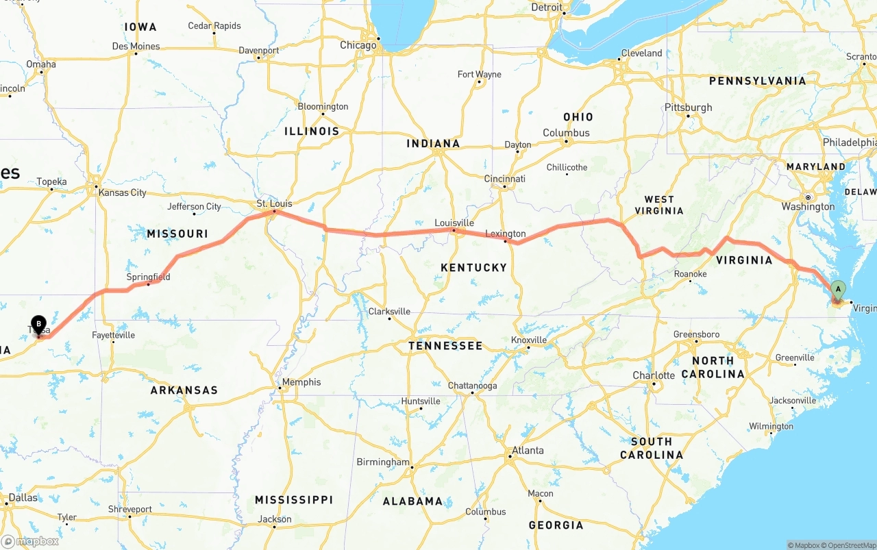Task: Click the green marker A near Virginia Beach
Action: click(x=838, y=290)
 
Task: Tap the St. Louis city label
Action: click(x=274, y=203)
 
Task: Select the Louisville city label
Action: click(x=454, y=223)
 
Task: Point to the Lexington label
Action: click(x=506, y=234)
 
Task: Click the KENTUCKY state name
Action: click(x=473, y=267)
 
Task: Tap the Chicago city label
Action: click(x=358, y=45)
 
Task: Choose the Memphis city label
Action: click(x=301, y=382)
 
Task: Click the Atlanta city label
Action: click(x=528, y=450)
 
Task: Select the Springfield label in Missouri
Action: click(x=148, y=277)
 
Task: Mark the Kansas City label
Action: click(x=123, y=192)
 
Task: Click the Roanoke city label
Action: click(x=690, y=274)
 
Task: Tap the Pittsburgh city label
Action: click(x=689, y=108)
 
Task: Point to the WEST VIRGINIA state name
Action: click(x=659, y=205)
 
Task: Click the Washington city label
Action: click(x=808, y=206)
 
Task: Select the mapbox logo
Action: click(x=30, y=541)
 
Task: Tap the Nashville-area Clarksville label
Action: click(x=389, y=311)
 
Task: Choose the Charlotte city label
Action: click(x=654, y=375)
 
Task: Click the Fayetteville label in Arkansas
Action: click(x=114, y=335)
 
